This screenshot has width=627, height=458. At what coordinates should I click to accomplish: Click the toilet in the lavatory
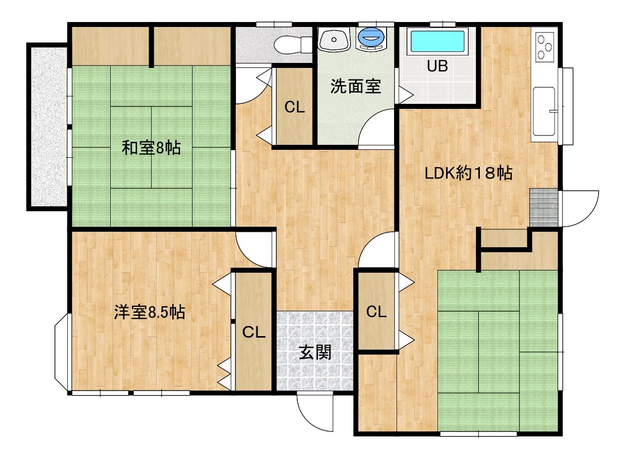pos(293,44)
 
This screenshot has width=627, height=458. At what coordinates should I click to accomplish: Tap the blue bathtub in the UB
pos(437,41)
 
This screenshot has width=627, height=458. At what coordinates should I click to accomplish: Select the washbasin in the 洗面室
pos(334,39)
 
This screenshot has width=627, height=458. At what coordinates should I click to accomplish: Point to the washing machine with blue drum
pos(371,39)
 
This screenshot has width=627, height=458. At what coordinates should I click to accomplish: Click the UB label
pos(437,66)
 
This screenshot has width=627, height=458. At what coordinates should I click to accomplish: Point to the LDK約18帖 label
pos(468,173)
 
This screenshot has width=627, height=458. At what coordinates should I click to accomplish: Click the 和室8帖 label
pos(151,148)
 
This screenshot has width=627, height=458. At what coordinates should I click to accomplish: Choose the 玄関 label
pos(315,352)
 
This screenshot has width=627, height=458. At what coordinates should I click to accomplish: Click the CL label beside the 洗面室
pos(294,107)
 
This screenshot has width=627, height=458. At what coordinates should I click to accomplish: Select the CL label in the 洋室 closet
pos(253,332)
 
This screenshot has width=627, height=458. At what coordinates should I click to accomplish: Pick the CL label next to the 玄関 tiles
pos(376,312)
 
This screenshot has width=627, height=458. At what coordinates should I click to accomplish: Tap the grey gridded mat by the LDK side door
pos(544,207)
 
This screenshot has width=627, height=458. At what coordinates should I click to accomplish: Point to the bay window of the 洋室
pos(62,352)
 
